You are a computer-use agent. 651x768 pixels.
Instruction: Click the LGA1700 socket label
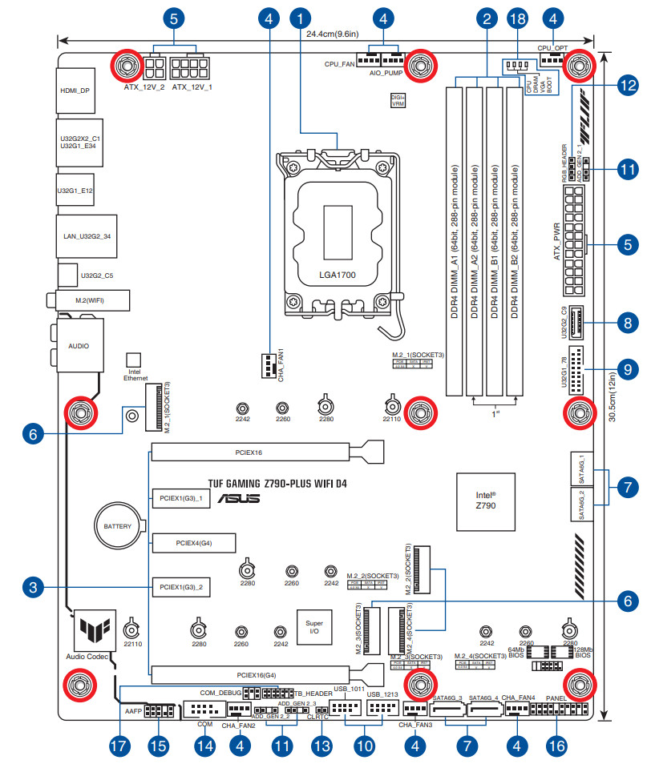[x=337, y=275]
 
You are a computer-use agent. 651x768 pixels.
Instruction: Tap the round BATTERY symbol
[x=118, y=526]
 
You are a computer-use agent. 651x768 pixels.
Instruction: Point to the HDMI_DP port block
[x=75, y=90]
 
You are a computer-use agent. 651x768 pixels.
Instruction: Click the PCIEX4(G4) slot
[x=193, y=544]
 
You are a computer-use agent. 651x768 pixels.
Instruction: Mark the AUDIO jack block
[x=78, y=346]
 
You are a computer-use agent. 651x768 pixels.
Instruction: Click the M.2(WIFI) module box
[x=90, y=300]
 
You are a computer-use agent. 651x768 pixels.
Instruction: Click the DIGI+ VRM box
[x=398, y=100]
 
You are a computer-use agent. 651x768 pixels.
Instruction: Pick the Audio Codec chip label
[x=88, y=656]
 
